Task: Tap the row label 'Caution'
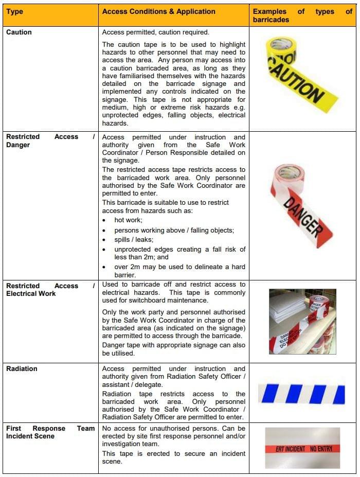pos(19,32)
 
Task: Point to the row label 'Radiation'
pos(22,369)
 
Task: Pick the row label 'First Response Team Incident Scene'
pos(50,432)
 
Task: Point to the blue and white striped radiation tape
pos(302,394)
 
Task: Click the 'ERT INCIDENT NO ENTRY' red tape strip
pos(302,449)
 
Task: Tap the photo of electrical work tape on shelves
pos(302,322)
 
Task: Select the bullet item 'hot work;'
pos(128,220)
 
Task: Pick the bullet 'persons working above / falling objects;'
pos(174,230)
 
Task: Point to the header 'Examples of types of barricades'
pos(302,15)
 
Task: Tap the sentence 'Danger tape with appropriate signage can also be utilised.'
pos(174,349)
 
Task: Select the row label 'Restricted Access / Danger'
pos(50,140)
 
